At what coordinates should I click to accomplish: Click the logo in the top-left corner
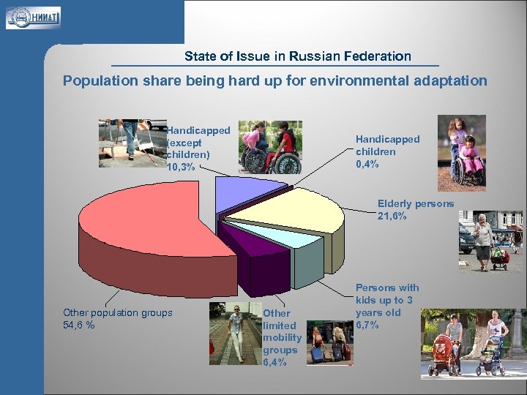33,16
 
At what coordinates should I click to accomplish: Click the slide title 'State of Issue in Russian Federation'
297,56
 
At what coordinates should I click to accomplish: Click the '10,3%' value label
182,167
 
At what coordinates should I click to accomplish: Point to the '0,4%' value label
367,165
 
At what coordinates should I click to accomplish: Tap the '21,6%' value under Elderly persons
392,217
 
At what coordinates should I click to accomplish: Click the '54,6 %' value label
79,326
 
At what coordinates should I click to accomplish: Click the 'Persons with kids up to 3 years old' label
387,306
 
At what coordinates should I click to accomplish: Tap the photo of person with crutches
132,143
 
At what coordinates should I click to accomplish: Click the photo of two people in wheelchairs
270,147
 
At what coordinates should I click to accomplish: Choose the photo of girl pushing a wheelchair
461,153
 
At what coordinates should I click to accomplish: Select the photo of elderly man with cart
490,241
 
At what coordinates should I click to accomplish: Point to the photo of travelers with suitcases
329,343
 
